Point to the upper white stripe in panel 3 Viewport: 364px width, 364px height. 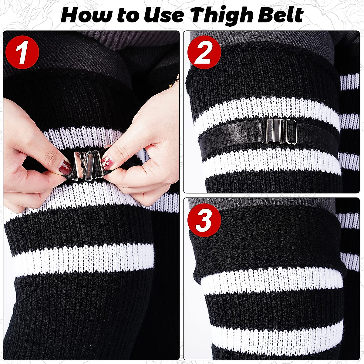273,281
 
